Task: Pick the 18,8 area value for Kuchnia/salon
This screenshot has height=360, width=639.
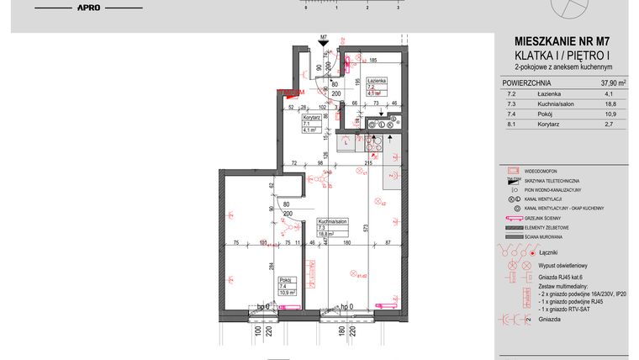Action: [x=610, y=104]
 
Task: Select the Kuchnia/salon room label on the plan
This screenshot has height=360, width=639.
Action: [x=327, y=220]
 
